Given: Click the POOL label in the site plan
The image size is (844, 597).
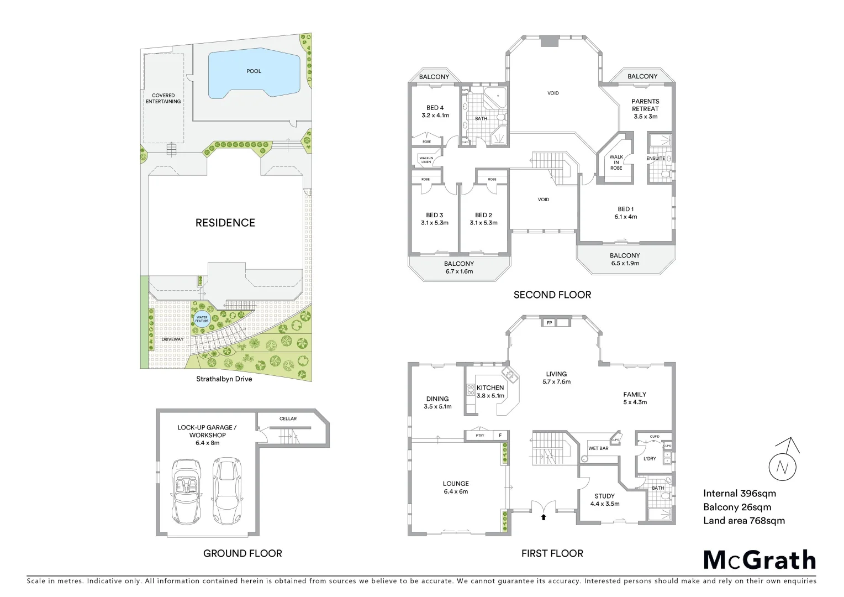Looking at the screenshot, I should pos(254,71).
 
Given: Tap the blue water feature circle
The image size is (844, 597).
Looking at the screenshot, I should pos(202,320).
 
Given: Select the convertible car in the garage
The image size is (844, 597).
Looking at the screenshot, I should pos(186,491).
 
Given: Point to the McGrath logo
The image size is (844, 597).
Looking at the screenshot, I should pos(759,560).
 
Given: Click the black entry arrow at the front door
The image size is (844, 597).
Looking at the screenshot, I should pos(544,517).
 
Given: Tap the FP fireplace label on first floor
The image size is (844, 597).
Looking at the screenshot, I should pos(549,323).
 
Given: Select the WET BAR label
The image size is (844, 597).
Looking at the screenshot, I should pos(598,448).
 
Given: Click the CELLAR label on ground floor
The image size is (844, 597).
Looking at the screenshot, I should pos(288,418).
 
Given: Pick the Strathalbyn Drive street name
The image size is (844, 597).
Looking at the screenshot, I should pos(224,379).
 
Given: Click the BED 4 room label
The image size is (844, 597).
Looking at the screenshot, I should pos(435,108).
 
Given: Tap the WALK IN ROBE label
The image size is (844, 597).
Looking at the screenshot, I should pos(616,163).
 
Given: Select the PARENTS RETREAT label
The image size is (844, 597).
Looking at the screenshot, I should pos(645,105).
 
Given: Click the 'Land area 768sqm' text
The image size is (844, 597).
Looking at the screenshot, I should pos(743,521).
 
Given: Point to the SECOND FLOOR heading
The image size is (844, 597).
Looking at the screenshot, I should pos(552,295).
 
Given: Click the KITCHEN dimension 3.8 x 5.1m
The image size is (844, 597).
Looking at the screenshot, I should pos(490,396).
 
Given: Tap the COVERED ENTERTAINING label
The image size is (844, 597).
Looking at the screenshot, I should pos(163,98).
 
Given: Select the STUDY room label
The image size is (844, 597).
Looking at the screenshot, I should pos(604,496).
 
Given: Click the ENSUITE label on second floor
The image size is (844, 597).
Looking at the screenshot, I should pos(656,159).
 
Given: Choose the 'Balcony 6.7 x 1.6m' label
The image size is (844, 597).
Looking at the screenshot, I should pos(459,268).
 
